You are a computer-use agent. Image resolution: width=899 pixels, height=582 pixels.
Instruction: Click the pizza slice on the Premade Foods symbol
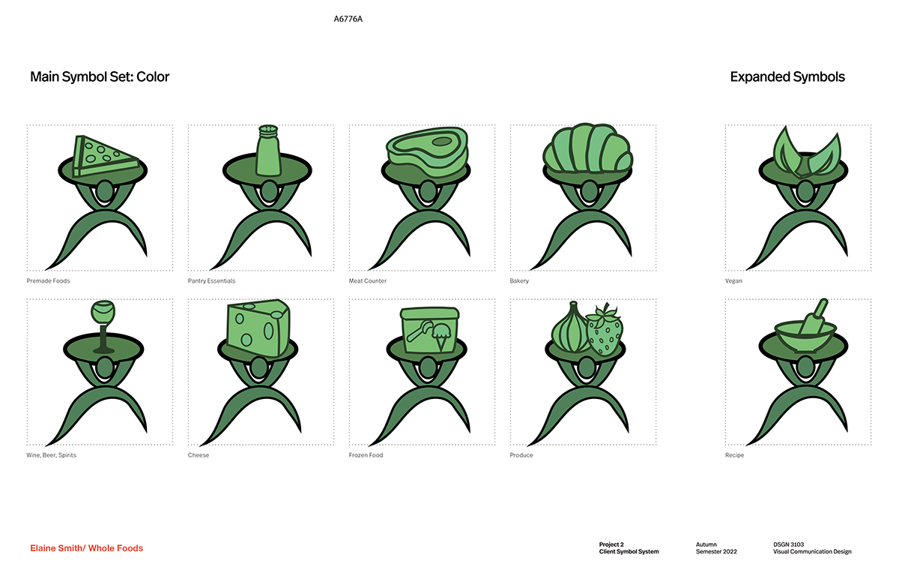coord(106,157)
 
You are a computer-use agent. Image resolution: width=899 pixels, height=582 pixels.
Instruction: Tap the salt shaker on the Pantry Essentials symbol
coord(268,151)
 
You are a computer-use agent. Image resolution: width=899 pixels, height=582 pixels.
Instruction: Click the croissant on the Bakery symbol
coord(587,148)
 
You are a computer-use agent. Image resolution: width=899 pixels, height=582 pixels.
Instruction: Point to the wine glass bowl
coord(103,313)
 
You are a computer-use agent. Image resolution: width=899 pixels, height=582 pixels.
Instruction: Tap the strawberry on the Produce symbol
coord(605,331)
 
